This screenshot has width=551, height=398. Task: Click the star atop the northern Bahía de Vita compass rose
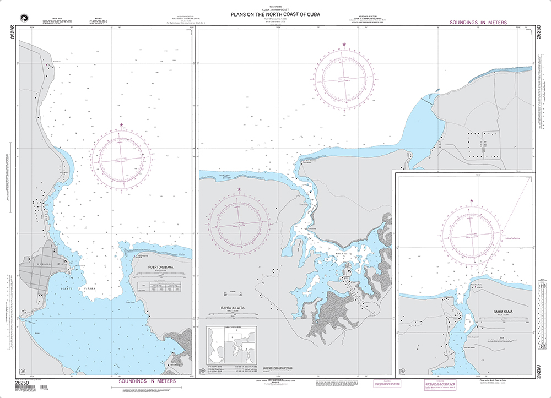pos(345,44)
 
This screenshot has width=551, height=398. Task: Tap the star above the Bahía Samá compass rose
pos(471,200)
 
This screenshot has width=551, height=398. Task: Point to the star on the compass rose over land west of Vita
pos(239,189)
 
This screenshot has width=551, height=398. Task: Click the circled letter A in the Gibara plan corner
pos(23,370)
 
